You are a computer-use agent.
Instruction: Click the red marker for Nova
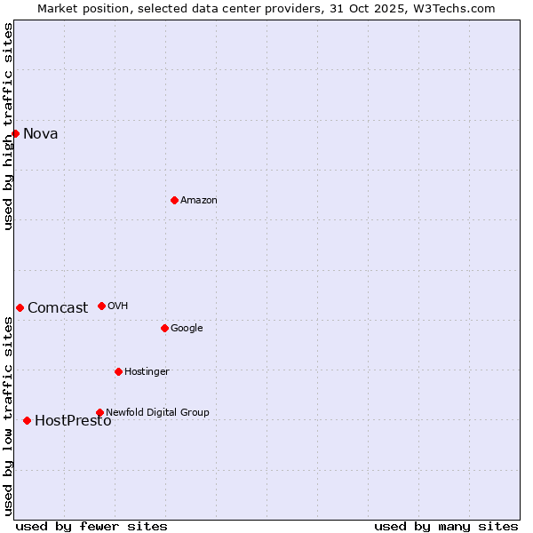16,133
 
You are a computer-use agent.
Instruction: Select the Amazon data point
174,200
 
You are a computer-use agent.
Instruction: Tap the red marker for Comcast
20,307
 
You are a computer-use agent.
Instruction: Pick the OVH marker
101,306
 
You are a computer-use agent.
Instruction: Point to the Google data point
164,328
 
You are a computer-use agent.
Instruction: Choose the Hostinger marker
118,371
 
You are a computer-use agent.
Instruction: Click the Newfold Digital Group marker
99,412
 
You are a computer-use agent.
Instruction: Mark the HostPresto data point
27,420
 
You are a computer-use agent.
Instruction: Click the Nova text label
41,134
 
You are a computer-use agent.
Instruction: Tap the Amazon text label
199,201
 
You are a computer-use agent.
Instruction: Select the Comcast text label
58,308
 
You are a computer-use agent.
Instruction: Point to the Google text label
187,329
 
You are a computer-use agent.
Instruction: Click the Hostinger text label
147,371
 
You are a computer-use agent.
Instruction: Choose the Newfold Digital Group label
157,412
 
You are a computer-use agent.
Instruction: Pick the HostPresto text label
73,421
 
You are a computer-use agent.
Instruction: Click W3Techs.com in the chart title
451,8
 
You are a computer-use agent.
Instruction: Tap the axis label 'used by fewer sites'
91,526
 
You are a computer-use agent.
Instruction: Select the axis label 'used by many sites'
446,526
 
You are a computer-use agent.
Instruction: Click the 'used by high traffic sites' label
9,126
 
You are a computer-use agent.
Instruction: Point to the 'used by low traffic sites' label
9,416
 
